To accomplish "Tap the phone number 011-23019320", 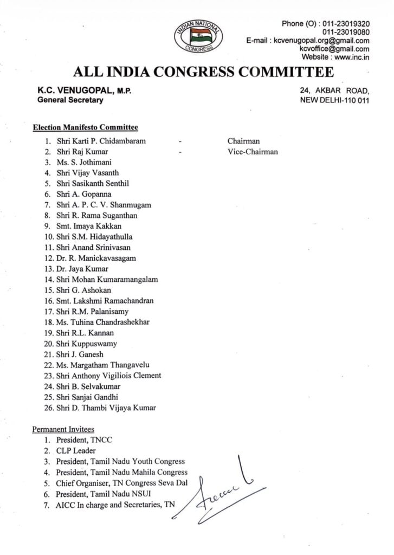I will tap(346, 24).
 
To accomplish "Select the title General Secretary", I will tap(70, 100).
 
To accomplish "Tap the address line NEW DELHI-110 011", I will tap(334, 100).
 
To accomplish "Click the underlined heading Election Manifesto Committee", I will tap(85, 128).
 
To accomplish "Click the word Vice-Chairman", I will tap(252, 152).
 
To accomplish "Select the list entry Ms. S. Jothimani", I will tap(86, 162).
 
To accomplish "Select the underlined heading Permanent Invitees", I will tap(63, 429).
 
